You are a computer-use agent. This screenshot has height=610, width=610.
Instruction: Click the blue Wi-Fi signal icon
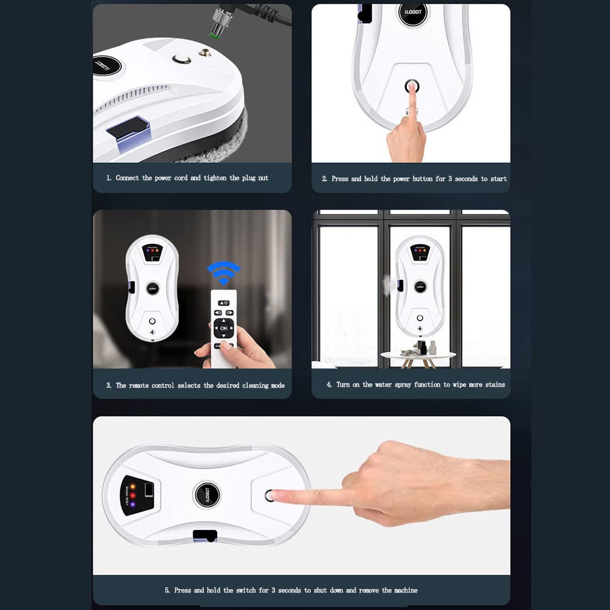[x=223, y=272]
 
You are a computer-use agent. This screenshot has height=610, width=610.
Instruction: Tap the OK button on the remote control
[x=224, y=328]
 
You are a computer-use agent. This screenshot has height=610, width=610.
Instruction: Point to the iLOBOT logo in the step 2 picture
[x=413, y=12]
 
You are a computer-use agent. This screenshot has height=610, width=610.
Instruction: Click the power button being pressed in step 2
[x=412, y=85]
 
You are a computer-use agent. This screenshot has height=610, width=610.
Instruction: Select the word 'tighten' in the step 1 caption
[x=215, y=178]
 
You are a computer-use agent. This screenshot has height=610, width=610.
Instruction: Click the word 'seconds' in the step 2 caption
[x=466, y=179]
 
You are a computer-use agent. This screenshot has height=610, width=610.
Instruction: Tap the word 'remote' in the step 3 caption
[x=138, y=386]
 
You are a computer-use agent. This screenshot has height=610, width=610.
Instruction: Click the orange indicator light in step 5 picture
[x=132, y=486]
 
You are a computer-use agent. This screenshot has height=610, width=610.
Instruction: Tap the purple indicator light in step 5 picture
[x=132, y=504]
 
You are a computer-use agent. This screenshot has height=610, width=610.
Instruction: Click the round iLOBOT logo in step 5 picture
[x=207, y=495]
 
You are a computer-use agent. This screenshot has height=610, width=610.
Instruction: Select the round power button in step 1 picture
[x=181, y=59]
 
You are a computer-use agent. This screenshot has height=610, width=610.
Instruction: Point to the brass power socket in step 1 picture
[x=204, y=52]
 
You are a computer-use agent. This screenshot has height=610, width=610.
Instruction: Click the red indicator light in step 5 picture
[x=132, y=495]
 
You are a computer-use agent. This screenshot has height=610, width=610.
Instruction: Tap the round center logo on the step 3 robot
[x=152, y=289]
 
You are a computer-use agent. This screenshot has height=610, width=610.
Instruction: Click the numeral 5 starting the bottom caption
[x=167, y=590]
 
